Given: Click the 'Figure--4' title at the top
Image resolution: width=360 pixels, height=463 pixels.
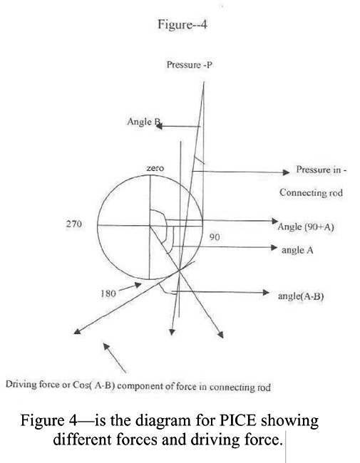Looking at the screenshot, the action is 182,24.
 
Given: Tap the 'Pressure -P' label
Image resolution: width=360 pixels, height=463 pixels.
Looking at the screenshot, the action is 190,65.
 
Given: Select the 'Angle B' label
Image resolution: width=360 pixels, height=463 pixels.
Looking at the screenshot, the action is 144,122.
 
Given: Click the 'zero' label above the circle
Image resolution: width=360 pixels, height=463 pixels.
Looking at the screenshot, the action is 155,168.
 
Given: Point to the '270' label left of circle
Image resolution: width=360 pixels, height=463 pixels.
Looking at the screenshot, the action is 73,224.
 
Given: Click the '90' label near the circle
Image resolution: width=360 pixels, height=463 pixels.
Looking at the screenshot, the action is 215,236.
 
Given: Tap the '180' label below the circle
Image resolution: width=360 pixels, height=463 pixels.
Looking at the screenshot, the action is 108,293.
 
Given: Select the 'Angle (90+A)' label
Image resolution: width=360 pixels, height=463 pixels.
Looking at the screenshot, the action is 306,227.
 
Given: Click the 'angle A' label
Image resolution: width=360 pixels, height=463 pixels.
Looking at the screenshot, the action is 297,250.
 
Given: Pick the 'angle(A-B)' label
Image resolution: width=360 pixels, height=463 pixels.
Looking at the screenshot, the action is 301,296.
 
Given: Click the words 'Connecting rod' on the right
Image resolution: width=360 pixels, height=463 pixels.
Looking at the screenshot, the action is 312,192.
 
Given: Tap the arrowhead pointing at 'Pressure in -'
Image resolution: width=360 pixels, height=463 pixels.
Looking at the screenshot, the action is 286,172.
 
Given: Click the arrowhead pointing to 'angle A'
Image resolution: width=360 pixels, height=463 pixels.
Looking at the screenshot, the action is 274,247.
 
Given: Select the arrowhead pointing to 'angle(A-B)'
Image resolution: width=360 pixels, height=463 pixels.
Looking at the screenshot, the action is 266,292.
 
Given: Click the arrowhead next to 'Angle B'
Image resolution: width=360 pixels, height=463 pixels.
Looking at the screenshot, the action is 160,126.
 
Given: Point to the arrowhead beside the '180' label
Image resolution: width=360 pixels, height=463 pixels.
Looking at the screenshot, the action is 138,285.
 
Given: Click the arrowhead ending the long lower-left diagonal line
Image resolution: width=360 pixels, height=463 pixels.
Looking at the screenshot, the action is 77,331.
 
